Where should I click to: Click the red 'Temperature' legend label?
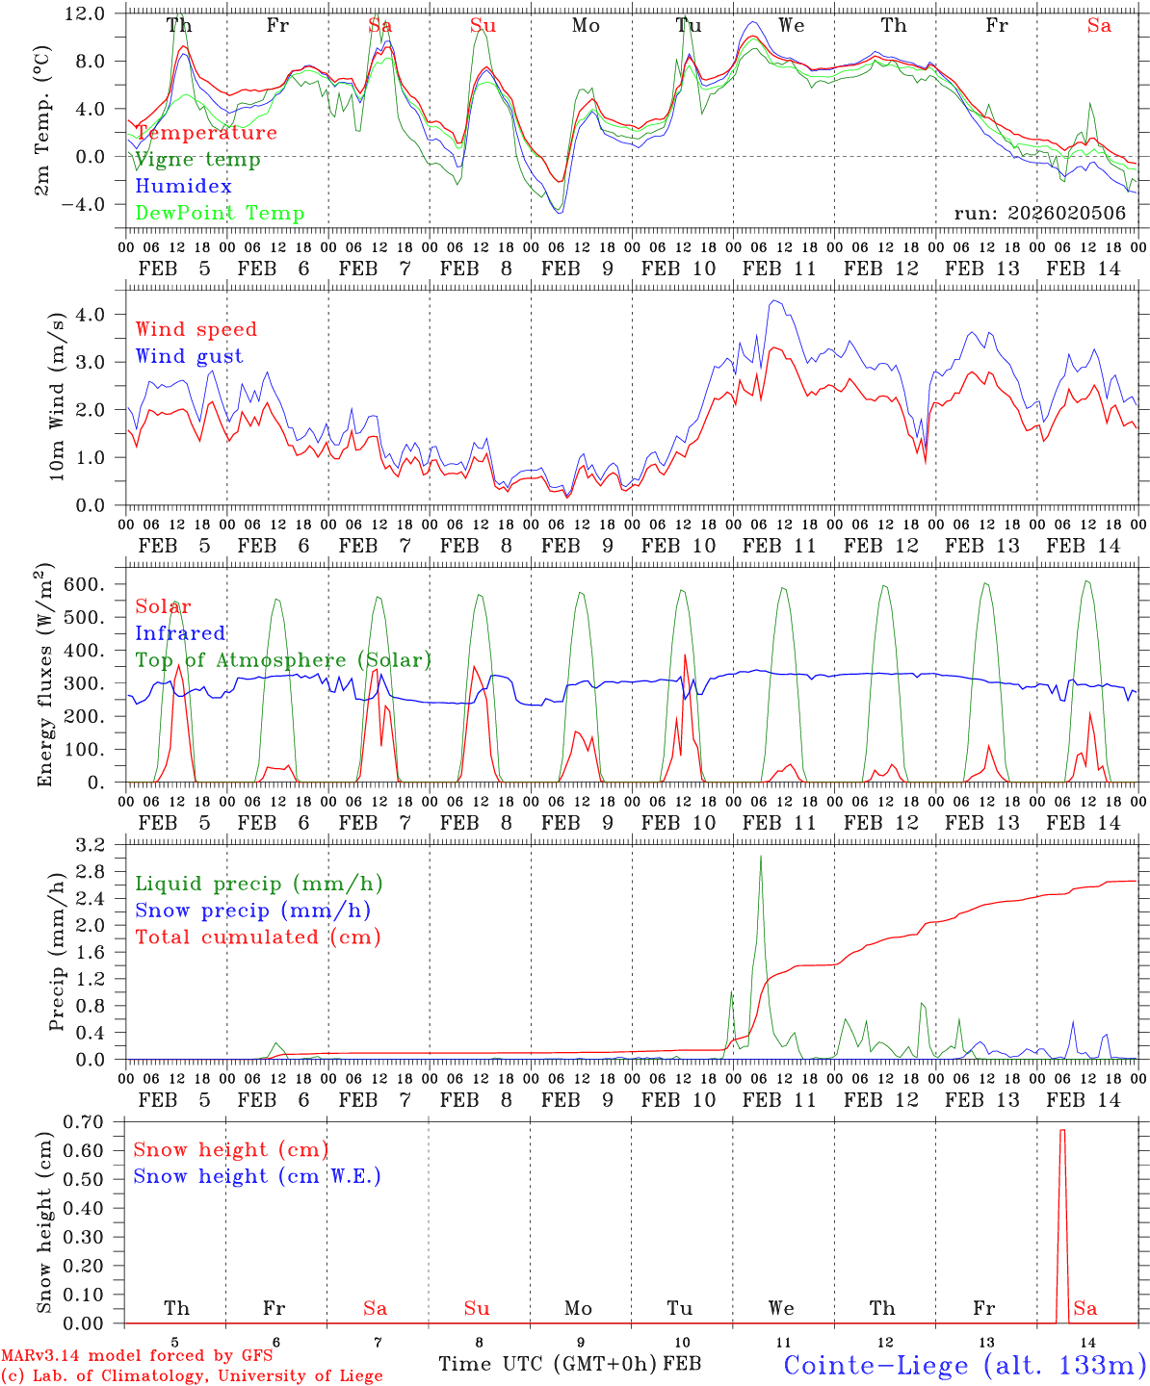[206, 133]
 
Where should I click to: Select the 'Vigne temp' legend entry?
[197, 160]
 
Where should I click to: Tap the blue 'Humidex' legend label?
[183, 187]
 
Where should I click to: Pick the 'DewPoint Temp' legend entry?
[220, 214]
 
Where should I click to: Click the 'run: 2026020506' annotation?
[1039, 214]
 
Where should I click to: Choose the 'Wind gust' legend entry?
[189, 356]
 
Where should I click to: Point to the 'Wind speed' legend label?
[196, 329]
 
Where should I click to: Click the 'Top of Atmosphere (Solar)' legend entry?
[283, 660]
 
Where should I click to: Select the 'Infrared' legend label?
[180, 633]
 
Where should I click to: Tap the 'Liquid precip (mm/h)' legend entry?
[259, 884]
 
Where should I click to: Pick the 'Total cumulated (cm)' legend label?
[258, 937]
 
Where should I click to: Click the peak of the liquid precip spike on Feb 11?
[761, 856]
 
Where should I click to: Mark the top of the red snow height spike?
[1062, 1130]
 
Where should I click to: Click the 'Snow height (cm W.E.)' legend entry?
[257, 1176]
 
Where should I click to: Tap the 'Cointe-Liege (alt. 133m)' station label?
[964, 1365]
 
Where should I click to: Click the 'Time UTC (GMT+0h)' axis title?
[548, 1364]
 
